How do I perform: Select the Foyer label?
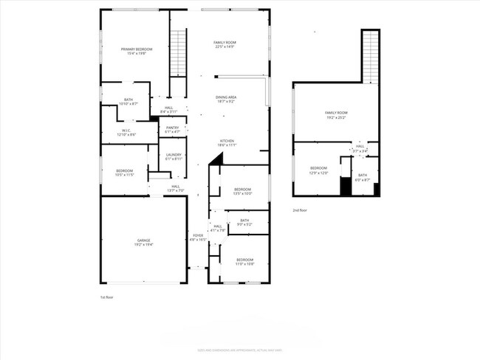pos(198,238)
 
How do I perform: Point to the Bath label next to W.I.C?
pos(128,102)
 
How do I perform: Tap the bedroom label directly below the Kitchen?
pos(242,191)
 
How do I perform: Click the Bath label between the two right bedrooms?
pos(244,221)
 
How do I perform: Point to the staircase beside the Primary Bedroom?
pos(177,52)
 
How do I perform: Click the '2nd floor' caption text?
pos(299,210)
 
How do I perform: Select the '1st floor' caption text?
pos(107,297)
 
